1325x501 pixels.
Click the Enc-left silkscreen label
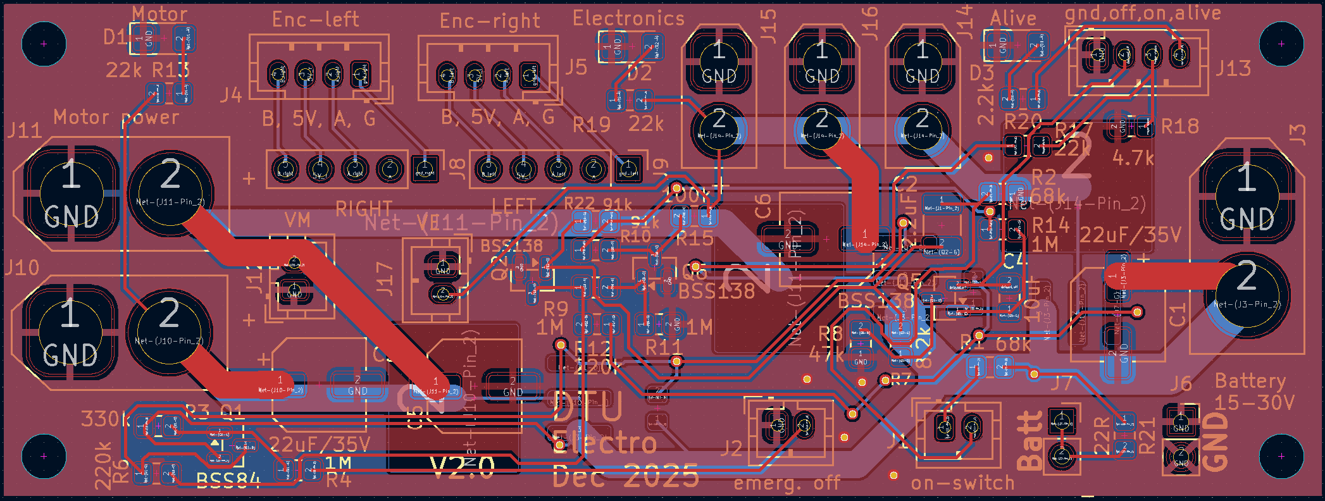[315, 20]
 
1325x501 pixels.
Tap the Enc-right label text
[490, 21]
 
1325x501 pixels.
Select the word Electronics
[628, 18]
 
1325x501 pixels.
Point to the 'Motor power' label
[116, 117]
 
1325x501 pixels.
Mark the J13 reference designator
[1233, 68]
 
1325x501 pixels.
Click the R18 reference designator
[1180, 127]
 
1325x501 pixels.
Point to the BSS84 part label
[228, 481]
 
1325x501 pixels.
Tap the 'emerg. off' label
[787, 484]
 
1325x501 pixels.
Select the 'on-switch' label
[962, 483]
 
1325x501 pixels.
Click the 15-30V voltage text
[1254, 402]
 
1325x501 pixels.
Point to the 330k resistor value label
[105, 419]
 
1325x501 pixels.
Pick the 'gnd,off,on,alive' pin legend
[1143, 13]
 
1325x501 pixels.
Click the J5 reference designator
[576, 66]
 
